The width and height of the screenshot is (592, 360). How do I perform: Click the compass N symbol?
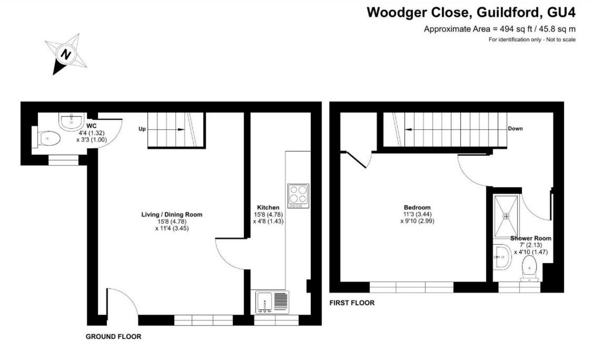[x=65, y=54]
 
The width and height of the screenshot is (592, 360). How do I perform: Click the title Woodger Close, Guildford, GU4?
[x=471, y=12]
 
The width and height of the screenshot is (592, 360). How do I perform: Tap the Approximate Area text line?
[x=500, y=29]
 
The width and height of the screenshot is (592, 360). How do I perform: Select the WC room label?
[x=91, y=126]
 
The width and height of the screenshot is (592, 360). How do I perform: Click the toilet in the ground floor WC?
[x=48, y=139]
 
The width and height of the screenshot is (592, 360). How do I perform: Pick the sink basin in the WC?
[x=72, y=121]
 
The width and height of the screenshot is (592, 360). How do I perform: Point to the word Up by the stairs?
[x=142, y=129]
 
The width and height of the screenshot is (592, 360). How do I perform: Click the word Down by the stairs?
[x=515, y=129]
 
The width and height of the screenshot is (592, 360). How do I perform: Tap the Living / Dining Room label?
[x=172, y=215]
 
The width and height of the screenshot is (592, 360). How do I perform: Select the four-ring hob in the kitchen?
[x=298, y=196]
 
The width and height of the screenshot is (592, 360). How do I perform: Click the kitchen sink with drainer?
[x=272, y=302]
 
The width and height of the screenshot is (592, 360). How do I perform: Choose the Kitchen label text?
[x=268, y=208]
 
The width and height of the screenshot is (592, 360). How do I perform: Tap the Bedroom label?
[x=417, y=207]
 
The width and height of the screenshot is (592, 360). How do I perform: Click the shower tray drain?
[x=506, y=216]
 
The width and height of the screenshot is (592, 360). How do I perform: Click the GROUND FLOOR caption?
[x=113, y=337]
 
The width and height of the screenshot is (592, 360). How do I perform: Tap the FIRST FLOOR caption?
[x=352, y=303]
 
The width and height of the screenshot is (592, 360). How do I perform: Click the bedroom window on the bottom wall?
[x=411, y=287]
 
